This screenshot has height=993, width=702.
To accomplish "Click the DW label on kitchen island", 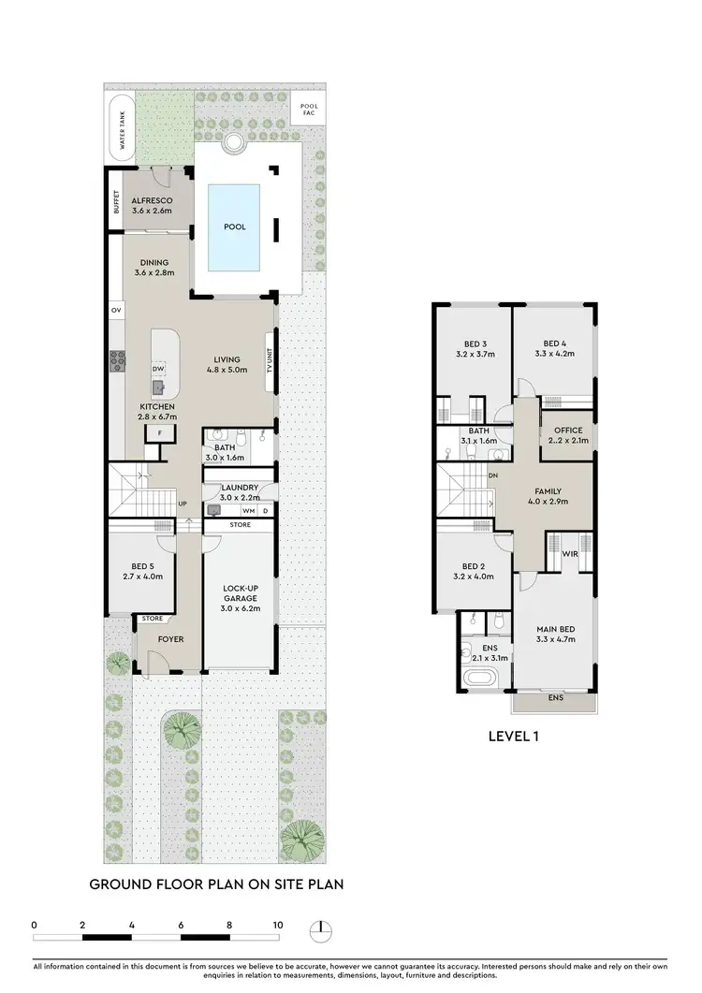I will tap(158, 368).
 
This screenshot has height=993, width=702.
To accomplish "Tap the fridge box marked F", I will tap(160, 433).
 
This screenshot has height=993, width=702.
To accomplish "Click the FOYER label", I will tap(170, 639).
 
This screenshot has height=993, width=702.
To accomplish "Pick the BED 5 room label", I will tap(143, 570).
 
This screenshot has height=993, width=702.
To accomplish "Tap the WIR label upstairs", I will tap(568, 555).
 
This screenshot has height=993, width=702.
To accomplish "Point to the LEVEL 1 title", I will tap(515, 736).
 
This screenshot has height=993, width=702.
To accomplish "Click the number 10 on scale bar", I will tap(277, 925).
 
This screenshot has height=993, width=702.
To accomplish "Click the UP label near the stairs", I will tap(183, 504).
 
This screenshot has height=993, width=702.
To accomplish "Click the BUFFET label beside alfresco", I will tap(116, 202).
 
